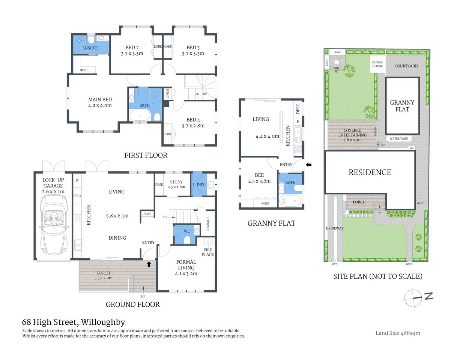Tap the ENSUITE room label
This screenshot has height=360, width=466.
(x=90, y=48)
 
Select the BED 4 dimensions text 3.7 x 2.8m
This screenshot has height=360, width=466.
(x=193, y=126)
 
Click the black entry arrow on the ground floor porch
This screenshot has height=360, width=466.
(x=149, y=264)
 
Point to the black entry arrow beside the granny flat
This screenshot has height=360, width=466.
(x=309, y=164)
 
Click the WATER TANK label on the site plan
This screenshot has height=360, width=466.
(x=398, y=138)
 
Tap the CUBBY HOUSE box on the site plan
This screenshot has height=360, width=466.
(x=377, y=64)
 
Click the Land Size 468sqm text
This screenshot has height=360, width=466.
(x=398, y=333)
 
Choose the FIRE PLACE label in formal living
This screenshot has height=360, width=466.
(x=208, y=252)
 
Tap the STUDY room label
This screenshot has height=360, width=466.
(x=176, y=182)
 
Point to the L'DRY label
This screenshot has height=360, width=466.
(x=198, y=184)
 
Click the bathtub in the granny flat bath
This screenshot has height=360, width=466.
(x=290, y=201)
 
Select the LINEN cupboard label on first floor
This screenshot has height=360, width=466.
(x=168, y=93)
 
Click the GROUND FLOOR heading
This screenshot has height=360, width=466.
(x=132, y=304)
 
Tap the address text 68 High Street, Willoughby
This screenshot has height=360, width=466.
(x=74, y=322)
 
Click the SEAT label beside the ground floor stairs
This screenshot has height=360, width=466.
(x=147, y=214)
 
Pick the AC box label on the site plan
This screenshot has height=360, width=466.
(x=412, y=148)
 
